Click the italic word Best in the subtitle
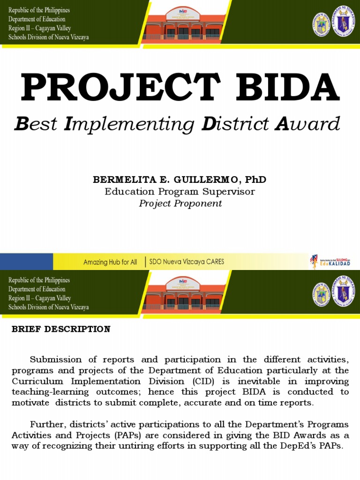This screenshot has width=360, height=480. (37, 124)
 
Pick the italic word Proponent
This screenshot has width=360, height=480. (198, 203)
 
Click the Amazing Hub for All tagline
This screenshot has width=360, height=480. (110, 262)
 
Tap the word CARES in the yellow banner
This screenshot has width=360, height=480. (213, 262)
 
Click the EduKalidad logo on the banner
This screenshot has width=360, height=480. (330, 262)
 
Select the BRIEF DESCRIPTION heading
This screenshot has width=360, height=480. (61, 329)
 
